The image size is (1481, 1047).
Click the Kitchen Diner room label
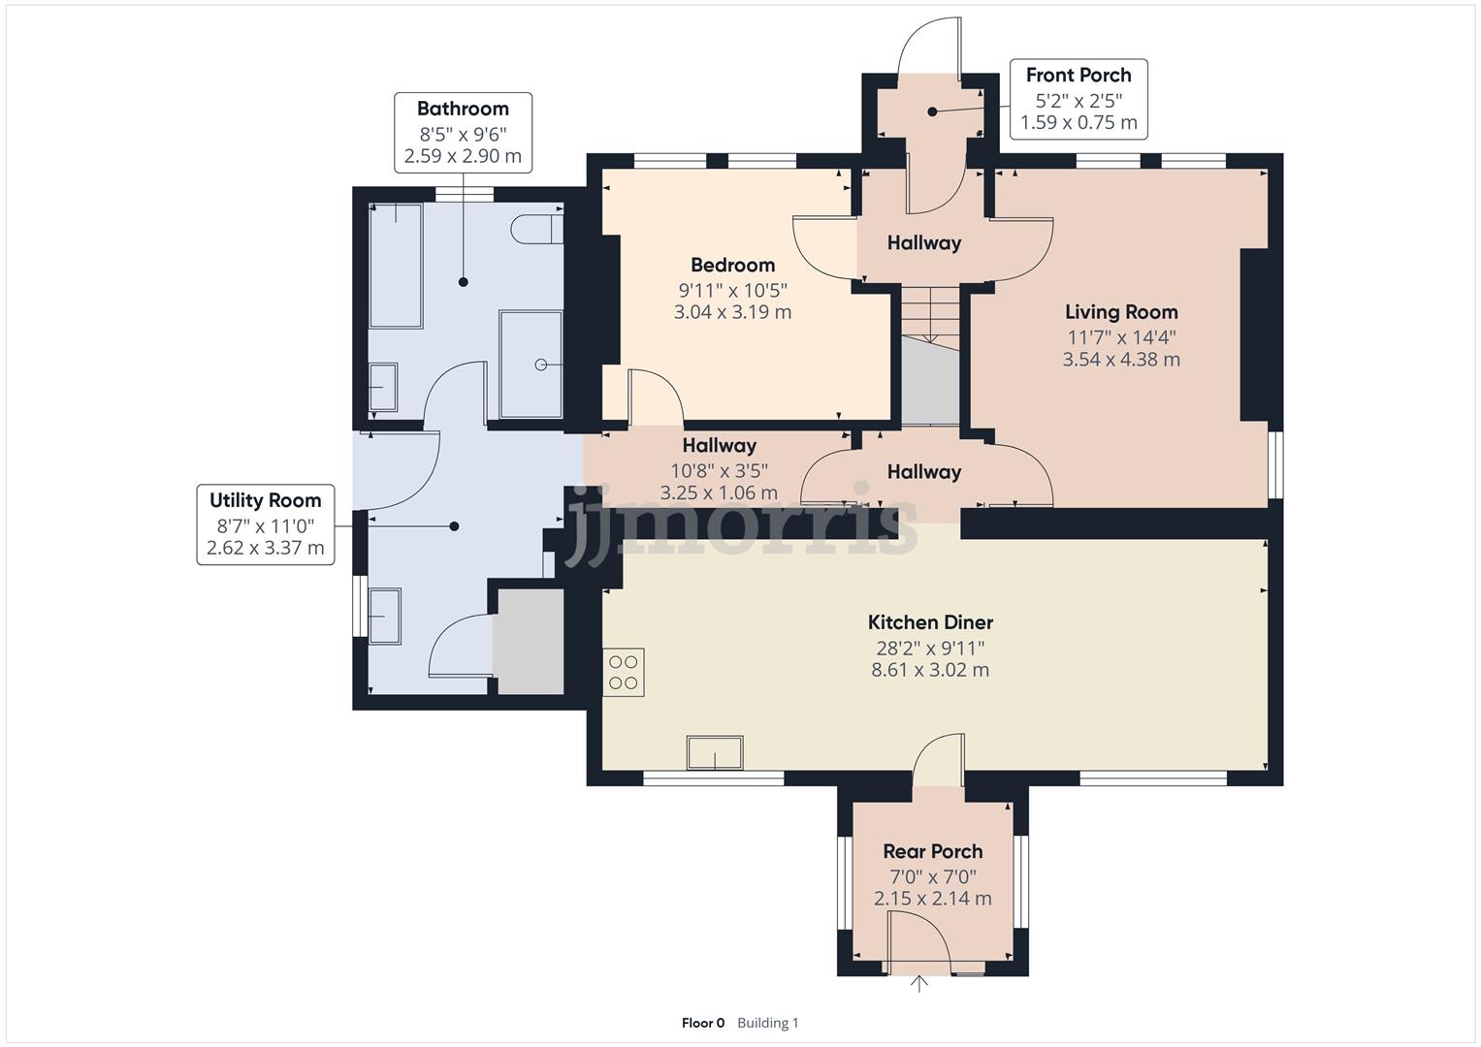pos(929,622)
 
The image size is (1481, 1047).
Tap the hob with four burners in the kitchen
pos(624,672)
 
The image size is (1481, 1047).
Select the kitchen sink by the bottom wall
pos(715,752)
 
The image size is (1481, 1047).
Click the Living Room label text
pos(1121,312)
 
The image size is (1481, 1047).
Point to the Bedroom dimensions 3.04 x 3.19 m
pos(732,312)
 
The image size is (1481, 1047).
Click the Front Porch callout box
pos(1079,99)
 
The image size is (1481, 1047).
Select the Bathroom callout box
pos(463,132)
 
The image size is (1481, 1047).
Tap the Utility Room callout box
pos(265,524)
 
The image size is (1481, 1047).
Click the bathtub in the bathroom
pos(396,265)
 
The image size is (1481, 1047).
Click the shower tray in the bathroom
pos(531,364)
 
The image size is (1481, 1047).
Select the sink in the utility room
pos(385,616)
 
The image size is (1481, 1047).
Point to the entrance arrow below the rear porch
pos(918,985)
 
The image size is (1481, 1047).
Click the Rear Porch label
pos(932,851)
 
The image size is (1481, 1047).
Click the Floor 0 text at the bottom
pos(702,1023)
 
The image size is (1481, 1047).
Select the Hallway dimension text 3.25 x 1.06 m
pos(719,492)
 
